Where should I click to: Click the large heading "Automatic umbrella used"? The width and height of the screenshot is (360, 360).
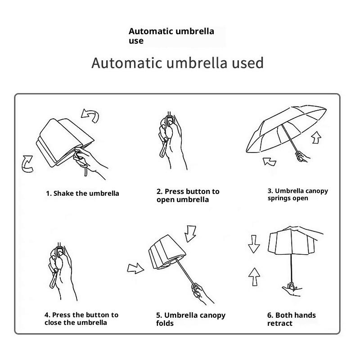click(177, 63)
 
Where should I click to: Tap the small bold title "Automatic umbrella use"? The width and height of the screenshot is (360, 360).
click(171, 36)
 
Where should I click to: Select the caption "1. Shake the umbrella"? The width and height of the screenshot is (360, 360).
click(82, 193)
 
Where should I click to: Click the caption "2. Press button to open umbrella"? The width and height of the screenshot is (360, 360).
click(188, 195)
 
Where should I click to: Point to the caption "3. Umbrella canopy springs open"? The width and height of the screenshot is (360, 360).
click(297, 194)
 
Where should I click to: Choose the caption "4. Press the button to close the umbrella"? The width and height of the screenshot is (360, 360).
click(81, 319)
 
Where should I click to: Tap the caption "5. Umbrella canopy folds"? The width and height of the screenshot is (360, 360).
click(191, 319)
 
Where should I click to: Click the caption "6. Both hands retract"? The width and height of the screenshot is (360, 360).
click(291, 319)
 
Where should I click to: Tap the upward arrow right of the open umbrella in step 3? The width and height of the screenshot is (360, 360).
click(316, 138)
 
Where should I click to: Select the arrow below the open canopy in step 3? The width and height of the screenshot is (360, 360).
click(270, 162)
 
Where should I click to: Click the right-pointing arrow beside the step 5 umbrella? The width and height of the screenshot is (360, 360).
click(135, 268)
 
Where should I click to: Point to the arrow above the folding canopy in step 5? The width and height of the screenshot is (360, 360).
click(190, 234)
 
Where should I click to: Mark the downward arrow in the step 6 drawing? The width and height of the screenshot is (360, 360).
click(254, 244)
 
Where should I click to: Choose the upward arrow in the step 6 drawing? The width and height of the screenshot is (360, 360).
click(254, 277)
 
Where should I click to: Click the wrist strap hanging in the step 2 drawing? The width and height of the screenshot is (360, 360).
click(163, 148)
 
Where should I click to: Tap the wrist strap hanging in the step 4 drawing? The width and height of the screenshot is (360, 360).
click(54, 279)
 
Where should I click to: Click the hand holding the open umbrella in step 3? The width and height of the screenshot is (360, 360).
click(302, 156)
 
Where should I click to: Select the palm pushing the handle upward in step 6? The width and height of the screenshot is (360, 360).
click(292, 290)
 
